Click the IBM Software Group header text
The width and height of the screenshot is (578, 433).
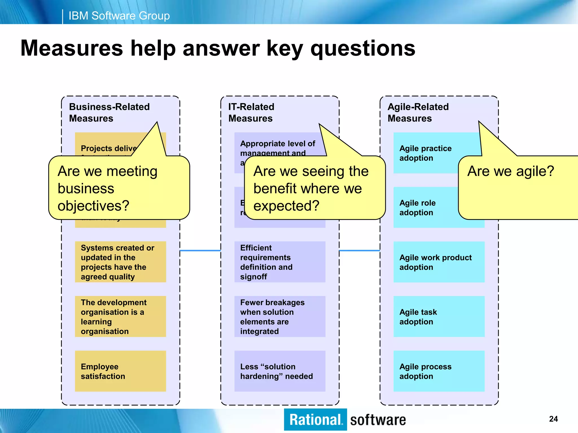pyautogui.click(x=119, y=16)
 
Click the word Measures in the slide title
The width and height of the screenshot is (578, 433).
pyautogui.click(x=72, y=48)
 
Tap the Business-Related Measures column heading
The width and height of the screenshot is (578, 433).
pyautogui.click(x=109, y=112)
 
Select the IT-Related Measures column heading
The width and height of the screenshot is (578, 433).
pyautogui.click(x=251, y=112)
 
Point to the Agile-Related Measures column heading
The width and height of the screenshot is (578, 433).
pyautogui.click(x=418, y=112)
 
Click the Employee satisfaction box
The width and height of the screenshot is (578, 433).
pyautogui.click(x=121, y=371)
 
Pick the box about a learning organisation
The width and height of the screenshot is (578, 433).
pyautogui.click(x=121, y=316)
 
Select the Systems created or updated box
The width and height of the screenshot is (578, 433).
pyautogui.click(x=121, y=262)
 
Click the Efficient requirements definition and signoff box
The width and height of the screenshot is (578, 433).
pyautogui.click(x=279, y=262)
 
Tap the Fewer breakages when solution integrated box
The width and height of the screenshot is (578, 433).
pyautogui.click(x=279, y=316)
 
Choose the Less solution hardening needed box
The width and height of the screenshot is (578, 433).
pyautogui.click(x=279, y=371)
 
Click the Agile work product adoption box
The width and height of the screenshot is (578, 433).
pyautogui.click(x=439, y=262)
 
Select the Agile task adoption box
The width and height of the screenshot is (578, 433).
pyautogui.click(x=439, y=316)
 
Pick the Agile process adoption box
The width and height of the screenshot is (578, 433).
pyautogui.click(x=439, y=371)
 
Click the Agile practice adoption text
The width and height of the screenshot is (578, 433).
pyautogui.click(x=425, y=153)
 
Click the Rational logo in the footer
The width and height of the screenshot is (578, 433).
pyautogui.click(x=315, y=419)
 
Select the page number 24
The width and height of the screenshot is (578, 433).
pyautogui.click(x=553, y=419)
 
